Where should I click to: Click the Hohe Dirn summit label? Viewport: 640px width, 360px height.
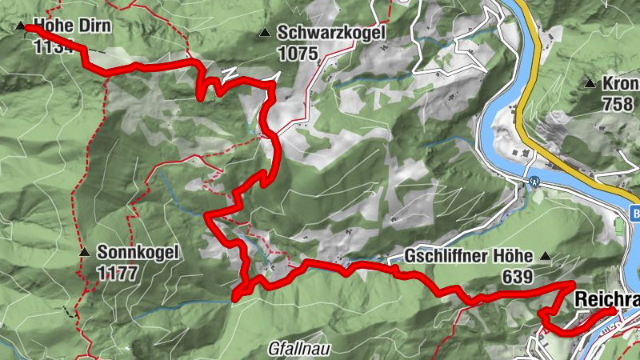pyautogui.click(x=72, y=26)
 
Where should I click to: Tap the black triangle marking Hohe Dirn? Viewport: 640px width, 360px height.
pyautogui.click(x=20, y=26)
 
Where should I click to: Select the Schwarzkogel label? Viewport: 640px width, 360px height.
pyautogui.click(x=331, y=34)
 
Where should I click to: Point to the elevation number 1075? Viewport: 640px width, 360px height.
pyautogui.click(x=298, y=54)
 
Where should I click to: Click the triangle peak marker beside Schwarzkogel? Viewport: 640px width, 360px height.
pyautogui.click(x=263, y=34)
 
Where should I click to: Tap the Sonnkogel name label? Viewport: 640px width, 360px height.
pyautogui.click(x=138, y=253)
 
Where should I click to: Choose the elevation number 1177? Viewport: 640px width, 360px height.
pyautogui.click(x=118, y=274)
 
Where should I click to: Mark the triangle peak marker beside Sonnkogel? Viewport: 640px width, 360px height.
pyautogui.click(x=84, y=253)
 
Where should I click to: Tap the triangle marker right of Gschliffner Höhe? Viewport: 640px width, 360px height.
pyautogui.click(x=546, y=257)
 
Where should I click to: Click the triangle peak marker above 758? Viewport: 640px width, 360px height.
pyautogui.click(x=590, y=83)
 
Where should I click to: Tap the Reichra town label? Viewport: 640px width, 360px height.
pyautogui.click(x=607, y=298)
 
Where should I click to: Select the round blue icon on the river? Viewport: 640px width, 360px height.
pyautogui.click(x=534, y=181)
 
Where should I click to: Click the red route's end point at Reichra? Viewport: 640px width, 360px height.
pyautogui.click(x=612, y=310)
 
